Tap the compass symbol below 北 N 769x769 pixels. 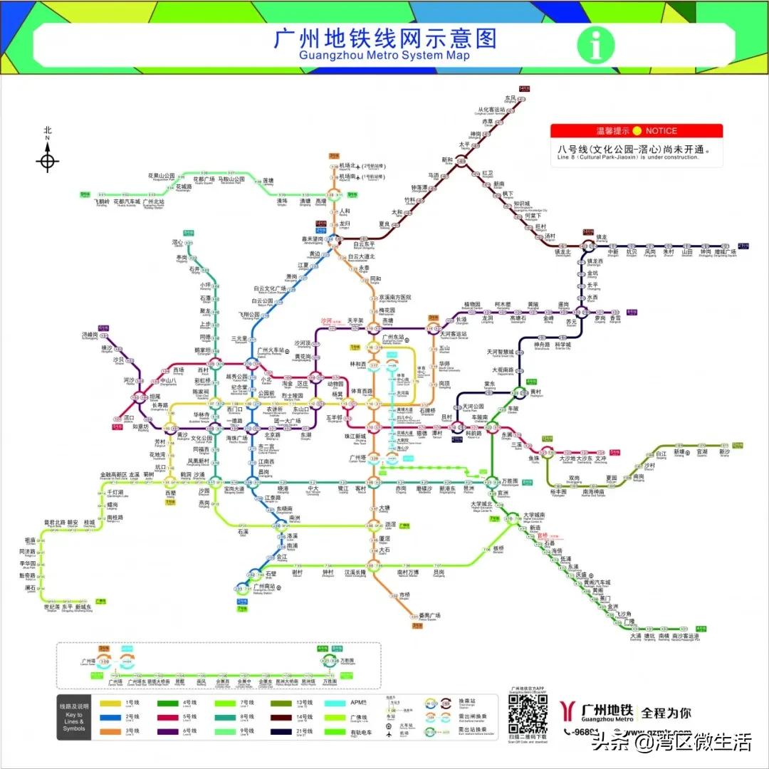click(48, 160)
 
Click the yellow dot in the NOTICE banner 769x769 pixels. click(637, 131)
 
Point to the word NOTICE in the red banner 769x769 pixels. click(661, 131)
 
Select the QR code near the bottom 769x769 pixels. click(528, 713)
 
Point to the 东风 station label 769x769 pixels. click(510, 98)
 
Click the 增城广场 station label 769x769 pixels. click(726, 251)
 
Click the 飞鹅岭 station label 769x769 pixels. click(101, 202)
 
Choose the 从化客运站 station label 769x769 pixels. click(494, 111)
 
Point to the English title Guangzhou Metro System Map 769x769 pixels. click(384, 55)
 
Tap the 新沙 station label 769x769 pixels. click(725, 451)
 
